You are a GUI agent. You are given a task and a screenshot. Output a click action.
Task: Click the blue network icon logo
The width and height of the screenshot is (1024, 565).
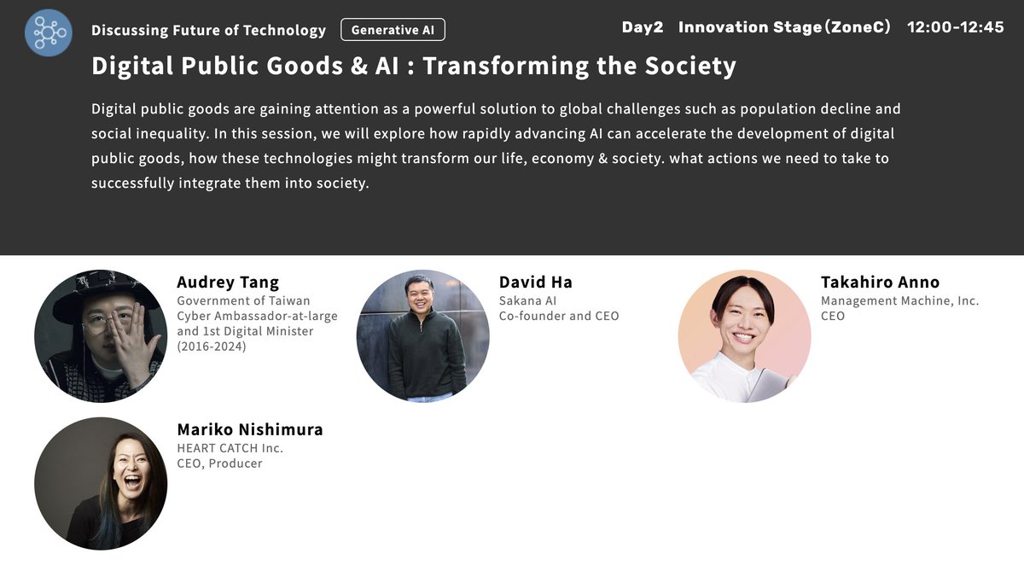48,32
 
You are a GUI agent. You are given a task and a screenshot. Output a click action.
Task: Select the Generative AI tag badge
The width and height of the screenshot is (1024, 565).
393,30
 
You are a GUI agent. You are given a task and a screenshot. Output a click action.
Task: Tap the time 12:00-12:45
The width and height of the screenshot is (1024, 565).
955,27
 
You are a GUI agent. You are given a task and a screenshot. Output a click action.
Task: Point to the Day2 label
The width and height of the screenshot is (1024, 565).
642,27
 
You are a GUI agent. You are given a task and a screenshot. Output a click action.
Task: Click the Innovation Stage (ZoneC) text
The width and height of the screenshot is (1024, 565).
784,27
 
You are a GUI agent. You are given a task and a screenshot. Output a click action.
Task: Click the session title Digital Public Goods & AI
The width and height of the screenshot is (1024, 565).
413,66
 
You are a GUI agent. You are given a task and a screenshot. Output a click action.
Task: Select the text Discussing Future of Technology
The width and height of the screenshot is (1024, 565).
208,31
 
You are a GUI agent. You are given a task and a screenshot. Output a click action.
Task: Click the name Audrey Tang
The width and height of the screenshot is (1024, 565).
228,282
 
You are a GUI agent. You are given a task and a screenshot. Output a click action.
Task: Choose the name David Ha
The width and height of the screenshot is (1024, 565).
536,282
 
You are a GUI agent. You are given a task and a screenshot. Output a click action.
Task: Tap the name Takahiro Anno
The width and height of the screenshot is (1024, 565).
880,282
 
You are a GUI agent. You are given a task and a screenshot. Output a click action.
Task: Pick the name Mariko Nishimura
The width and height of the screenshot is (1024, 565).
250,429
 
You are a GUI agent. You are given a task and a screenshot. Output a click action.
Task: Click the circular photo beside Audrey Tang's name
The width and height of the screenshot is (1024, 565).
101,336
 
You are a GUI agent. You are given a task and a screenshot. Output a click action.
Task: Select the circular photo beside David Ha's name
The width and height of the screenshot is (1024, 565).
422,336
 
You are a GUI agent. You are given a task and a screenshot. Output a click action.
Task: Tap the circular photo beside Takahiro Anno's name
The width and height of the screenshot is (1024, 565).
744,336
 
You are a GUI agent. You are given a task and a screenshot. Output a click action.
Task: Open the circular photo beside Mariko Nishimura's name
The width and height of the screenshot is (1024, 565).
101,483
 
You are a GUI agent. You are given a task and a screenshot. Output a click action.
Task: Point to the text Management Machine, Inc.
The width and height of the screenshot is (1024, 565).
899,300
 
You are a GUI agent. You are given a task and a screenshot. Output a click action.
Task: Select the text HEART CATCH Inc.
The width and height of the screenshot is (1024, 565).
230,447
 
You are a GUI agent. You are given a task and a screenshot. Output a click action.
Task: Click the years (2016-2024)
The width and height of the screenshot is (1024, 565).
211,347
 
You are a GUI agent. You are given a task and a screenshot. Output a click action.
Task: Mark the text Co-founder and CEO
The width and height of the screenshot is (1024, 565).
559,316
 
